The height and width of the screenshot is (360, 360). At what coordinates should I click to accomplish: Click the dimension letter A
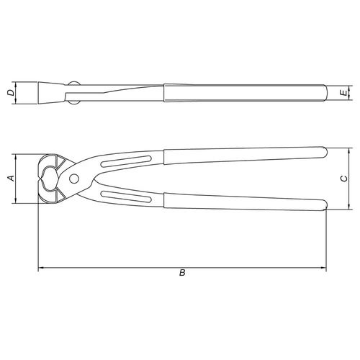[12, 179]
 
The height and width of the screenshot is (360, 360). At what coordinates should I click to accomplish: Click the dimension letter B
[182, 273]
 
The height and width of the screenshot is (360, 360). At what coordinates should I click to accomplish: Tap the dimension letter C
[344, 179]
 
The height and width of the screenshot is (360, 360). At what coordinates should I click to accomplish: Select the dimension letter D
[10, 93]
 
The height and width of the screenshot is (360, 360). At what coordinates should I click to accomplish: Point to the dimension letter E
[345, 93]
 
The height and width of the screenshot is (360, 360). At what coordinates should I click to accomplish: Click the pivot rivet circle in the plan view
[74, 179]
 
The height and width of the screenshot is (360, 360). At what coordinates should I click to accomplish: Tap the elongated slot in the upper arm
[126, 161]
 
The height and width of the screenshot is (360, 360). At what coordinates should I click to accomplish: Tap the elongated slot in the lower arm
[126, 197]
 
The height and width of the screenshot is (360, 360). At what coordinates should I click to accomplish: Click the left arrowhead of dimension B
[41, 267]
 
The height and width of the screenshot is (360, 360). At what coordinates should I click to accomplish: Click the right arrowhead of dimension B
[324, 267]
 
